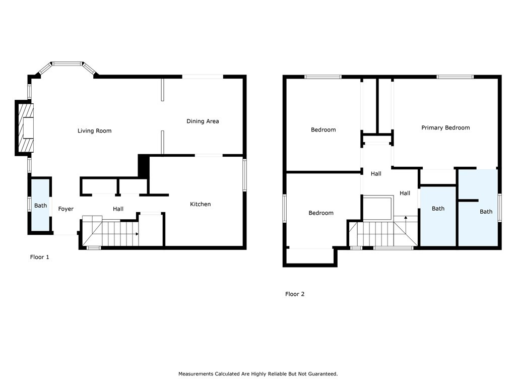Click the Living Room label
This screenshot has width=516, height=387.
coord(94,131)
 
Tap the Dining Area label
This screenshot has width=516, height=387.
coord(203,121)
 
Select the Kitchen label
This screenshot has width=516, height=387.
coord(200,204)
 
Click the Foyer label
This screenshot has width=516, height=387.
coord(66,209)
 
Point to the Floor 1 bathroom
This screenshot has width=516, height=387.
coord(40,206)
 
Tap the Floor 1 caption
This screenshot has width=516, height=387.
coord(40,257)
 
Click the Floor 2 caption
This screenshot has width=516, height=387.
coord(295,294)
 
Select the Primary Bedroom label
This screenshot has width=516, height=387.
coord(445,128)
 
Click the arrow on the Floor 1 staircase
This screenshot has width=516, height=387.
coord(137,234)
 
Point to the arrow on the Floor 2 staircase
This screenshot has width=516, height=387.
coord(406,217)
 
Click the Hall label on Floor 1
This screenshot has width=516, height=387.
coord(118,209)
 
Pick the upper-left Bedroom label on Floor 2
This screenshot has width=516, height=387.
coord(323,130)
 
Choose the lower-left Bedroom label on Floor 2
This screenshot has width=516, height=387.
coord(321,213)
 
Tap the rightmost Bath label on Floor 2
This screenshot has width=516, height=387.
coord(486,212)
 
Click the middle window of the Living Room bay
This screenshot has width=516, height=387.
coord(67,64)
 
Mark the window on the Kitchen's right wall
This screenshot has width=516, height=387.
coord(244,175)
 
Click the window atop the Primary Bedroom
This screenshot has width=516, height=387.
coord(455,77)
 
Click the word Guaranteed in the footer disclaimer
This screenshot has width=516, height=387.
coord(321,374)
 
